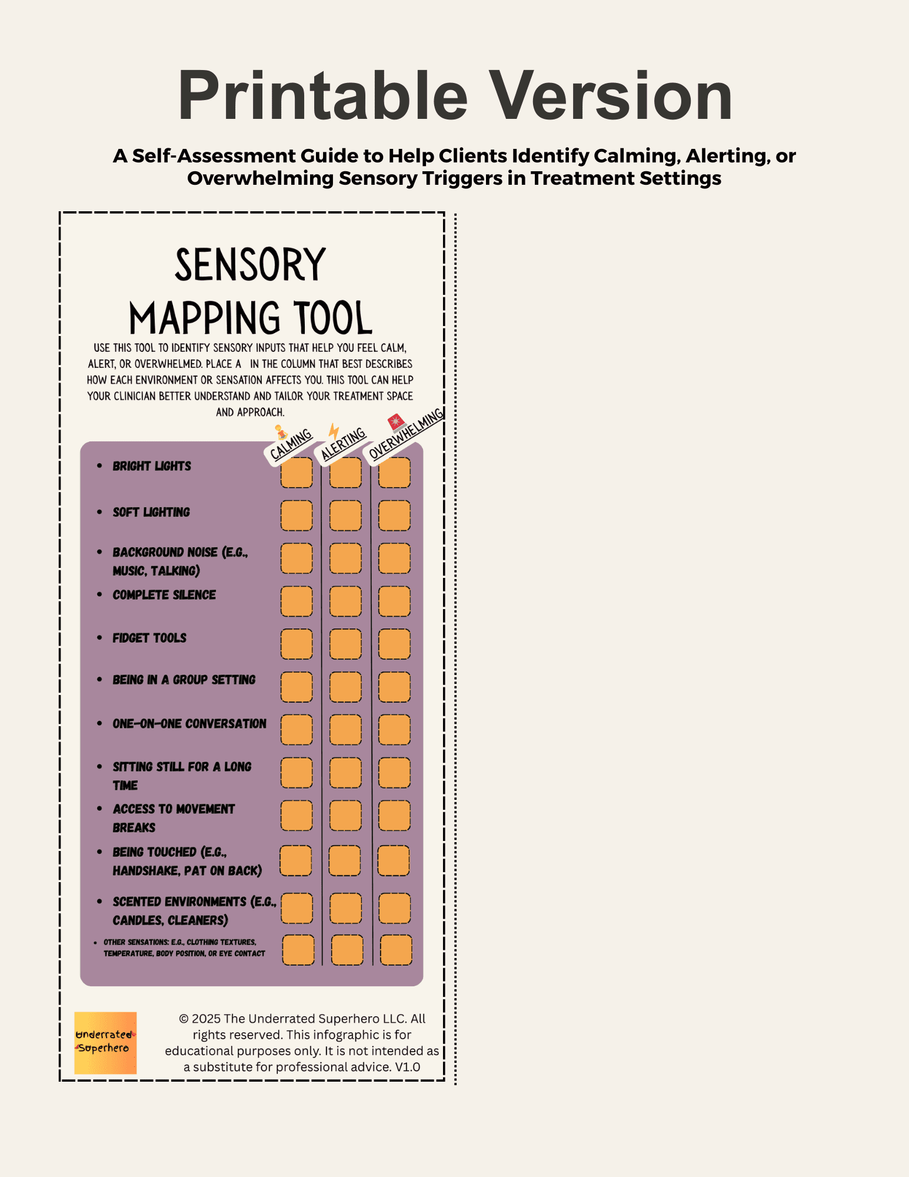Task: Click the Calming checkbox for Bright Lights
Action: click(x=297, y=473)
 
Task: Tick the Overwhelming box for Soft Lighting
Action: click(x=394, y=516)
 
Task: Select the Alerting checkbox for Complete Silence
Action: click(x=345, y=601)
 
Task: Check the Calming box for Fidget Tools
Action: click(x=297, y=644)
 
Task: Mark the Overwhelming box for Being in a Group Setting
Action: click(x=394, y=687)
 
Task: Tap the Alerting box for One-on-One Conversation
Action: click(x=345, y=730)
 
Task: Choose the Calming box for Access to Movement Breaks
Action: click(x=297, y=816)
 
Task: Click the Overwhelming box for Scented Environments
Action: click(x=394, y=908)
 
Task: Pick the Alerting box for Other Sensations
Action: click(x=347, y=950)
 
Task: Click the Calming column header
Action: click(x=291, y=445)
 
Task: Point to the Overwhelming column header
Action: click(x=405, y=434)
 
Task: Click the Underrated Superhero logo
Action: click(x=105, y=1043)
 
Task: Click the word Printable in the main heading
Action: click(x=322, y=95)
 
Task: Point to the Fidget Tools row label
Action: click(x=149, y=638)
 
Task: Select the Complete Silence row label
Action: click(x=164, y=595)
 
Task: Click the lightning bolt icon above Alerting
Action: click(x=334, y=431)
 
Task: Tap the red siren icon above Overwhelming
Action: click(x=396, y=422)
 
